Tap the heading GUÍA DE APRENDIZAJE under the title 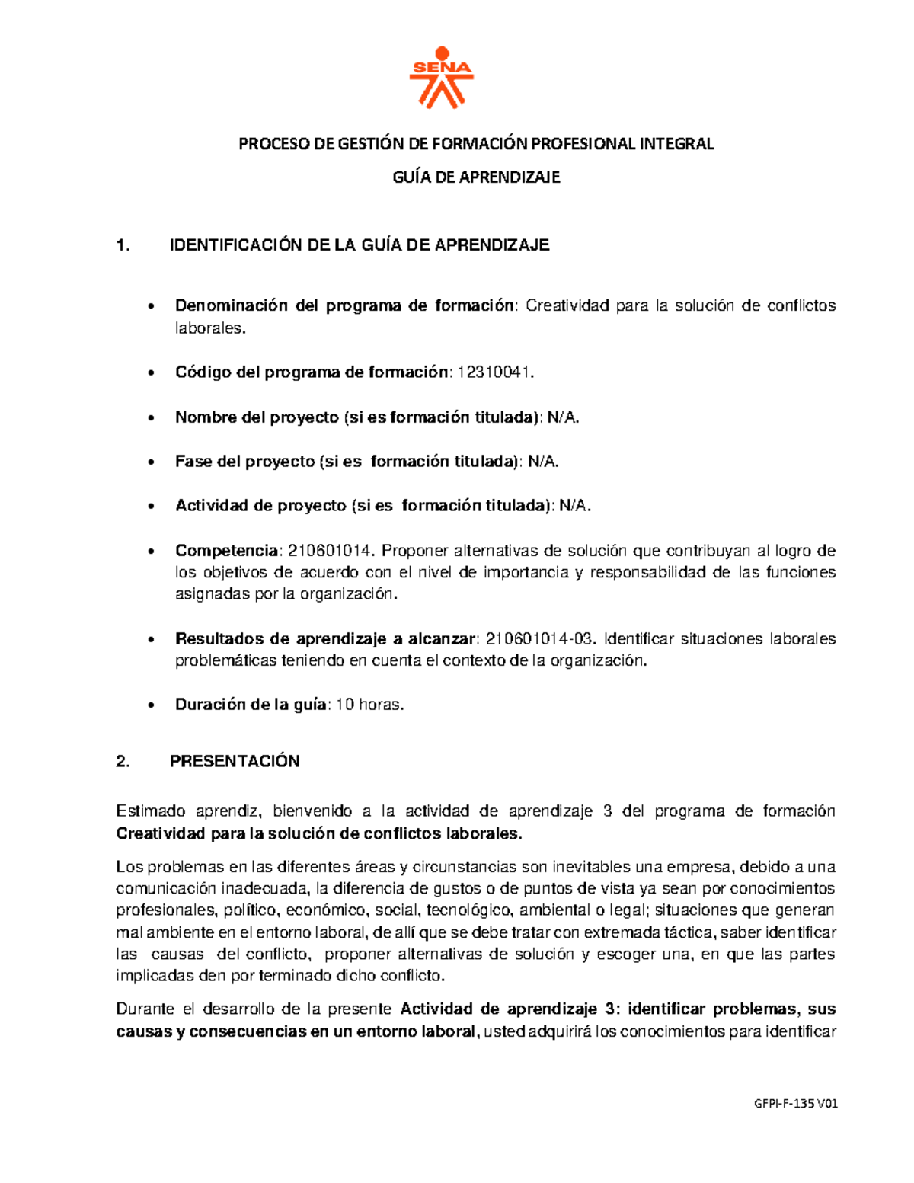tap(476, 177)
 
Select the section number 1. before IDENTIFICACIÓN tap(123, 245)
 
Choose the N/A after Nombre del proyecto tap(564, 417)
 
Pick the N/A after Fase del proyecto tap(543, 462)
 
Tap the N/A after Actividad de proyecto tap(575, 506)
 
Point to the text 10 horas tap(369, 705)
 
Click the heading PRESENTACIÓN tap(235, 762)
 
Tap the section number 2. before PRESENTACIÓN tap(123, 762)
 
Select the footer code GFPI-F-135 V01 tap(795, 1104)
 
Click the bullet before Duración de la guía tap(153, 705)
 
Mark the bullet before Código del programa tap(153, 373)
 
